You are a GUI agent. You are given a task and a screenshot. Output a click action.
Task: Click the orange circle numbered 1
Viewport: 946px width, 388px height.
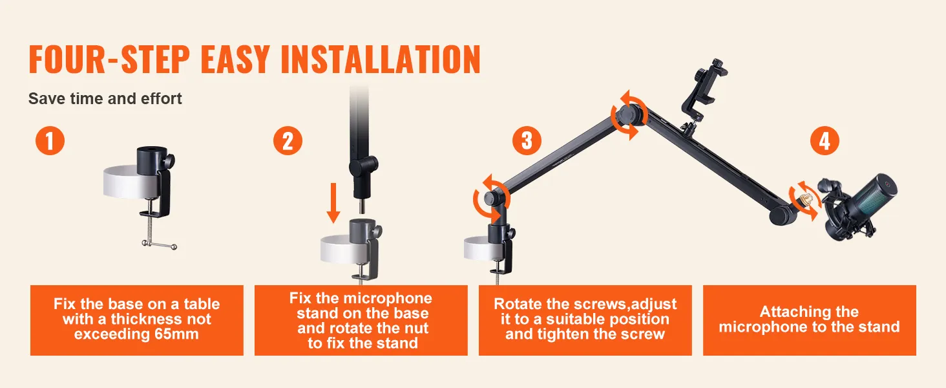coord(50,140)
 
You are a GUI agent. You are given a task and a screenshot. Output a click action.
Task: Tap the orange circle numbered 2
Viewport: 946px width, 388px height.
coord(288,140)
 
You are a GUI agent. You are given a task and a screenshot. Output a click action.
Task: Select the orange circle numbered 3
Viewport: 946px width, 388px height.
coord(527,140)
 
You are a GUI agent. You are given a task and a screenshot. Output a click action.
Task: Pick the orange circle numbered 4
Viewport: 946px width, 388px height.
coord(825,140)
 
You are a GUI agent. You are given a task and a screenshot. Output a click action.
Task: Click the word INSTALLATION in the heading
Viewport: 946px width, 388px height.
coord(381,59)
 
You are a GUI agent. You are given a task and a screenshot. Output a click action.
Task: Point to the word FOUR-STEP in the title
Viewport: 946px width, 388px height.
coord(109,59)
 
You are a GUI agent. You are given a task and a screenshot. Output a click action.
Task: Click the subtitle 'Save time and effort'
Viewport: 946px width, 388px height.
coord(105,98)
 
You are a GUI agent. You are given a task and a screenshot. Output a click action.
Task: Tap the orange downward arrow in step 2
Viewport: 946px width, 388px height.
coord(333,203)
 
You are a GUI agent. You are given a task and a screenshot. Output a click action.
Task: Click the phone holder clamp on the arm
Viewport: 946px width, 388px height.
coord(703,91)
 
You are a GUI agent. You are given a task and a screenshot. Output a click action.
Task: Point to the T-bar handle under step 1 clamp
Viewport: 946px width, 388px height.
coord(159,245)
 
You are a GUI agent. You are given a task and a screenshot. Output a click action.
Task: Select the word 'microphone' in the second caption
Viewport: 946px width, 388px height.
coord(387,298)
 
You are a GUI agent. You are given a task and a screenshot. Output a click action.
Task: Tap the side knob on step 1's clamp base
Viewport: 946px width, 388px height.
coord(170,161)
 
